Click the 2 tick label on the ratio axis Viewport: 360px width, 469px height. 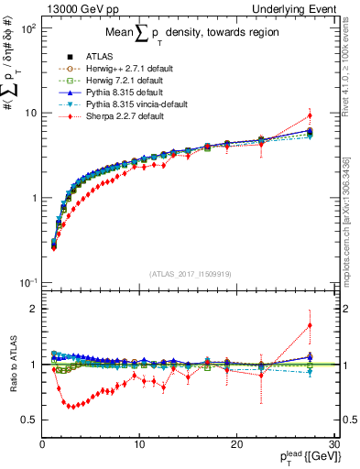point(34,309)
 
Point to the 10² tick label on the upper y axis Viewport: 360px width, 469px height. point(27,29)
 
